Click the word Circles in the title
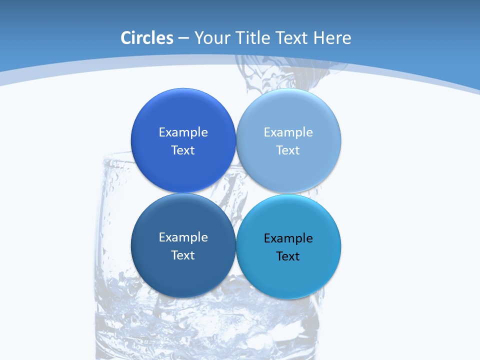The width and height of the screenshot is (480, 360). tap(147, 38)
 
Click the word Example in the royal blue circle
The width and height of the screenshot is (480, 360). tap(183, 132)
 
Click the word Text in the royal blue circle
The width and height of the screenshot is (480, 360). tap(183, 150)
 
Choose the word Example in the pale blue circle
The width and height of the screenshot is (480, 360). tap(288, 132)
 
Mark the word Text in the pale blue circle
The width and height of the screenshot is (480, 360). tap(288, 150)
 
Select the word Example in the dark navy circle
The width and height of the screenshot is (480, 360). tap(183, 237)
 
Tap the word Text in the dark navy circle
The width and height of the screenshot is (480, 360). tap(183, 255)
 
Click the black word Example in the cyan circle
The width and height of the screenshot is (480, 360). tap(288, 238)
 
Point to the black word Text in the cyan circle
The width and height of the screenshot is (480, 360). tap(288, 256)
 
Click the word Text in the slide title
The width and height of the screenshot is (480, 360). tap(292, 38)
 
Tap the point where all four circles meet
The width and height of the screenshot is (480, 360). tap(236, 193)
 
